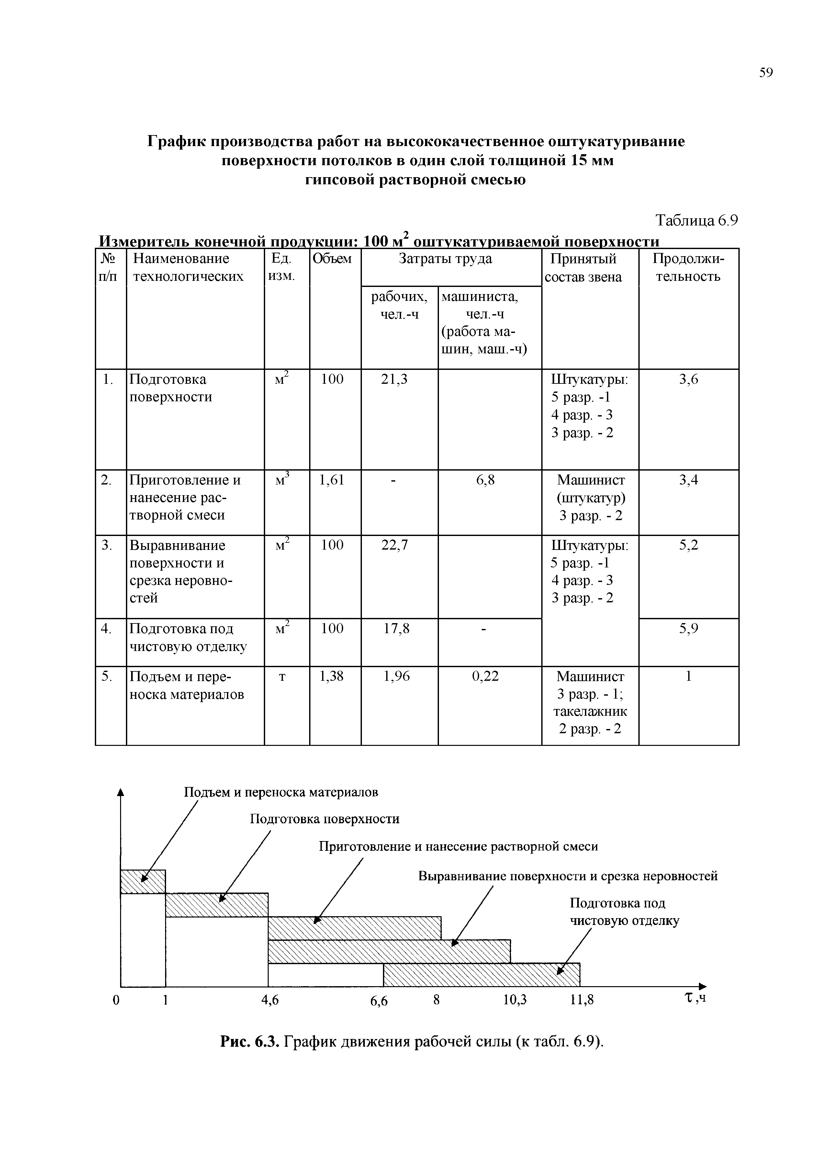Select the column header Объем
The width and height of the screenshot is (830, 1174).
coord(332,259)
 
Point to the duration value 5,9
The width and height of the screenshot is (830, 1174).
coord(689,628)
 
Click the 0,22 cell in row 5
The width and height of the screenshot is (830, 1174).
coord(485,677)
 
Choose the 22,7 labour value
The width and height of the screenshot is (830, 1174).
coord(395,545)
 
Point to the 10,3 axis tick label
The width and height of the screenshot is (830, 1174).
coord(515,1000)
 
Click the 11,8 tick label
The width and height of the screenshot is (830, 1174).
coord(582,1000)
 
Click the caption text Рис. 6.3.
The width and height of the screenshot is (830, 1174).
coord(249,1042)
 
